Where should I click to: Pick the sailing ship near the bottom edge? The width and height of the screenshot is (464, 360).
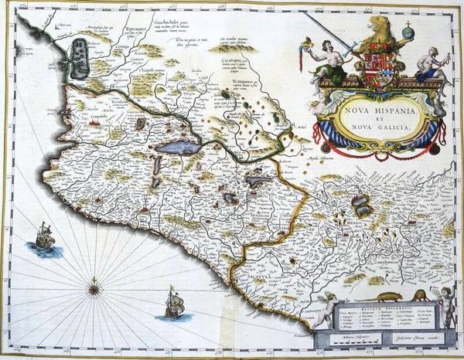coord(173,303)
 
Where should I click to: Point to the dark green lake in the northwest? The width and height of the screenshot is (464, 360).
coord(80,60)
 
